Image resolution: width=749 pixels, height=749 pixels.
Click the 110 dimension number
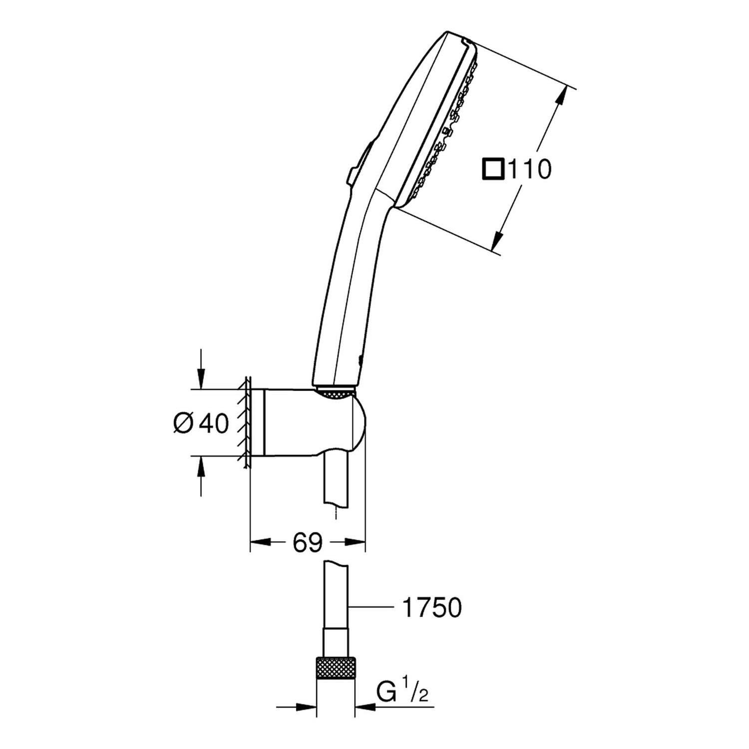529,169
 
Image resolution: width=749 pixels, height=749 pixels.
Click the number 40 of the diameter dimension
214,423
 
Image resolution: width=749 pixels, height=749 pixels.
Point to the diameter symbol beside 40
183,424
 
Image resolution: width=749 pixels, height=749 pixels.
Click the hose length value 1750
431,608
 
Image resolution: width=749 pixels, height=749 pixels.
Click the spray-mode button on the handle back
359,163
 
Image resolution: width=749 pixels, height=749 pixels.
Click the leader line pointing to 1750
370,608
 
